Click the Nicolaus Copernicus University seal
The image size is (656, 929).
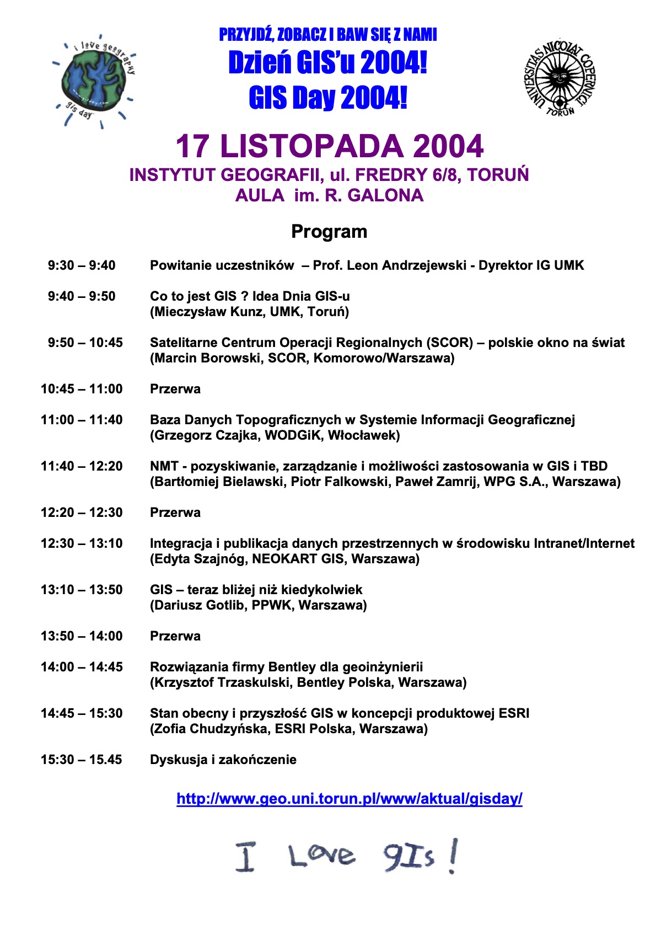point(559,77)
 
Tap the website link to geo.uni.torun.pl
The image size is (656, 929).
point(349,798)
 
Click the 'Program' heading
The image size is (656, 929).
point(329,231)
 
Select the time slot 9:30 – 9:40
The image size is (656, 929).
point(82,265)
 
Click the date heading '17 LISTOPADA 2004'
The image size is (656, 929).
point(329,146)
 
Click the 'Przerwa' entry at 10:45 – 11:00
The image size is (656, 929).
point(175,389)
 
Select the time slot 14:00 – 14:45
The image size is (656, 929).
point(82,667)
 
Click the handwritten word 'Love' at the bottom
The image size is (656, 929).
point(321,856)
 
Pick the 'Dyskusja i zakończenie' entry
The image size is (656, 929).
point(223,760)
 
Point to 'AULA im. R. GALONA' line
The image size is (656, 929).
point(329,195)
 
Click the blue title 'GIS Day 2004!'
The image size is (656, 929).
point(328,98)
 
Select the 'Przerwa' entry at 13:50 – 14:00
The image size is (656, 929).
point(175,636)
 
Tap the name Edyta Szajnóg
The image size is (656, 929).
point(199,559)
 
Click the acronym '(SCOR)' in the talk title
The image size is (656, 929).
point(452,343)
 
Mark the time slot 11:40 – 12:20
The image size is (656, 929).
point(82,466)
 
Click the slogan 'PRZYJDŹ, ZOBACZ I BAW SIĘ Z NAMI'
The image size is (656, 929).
point(328,35)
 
